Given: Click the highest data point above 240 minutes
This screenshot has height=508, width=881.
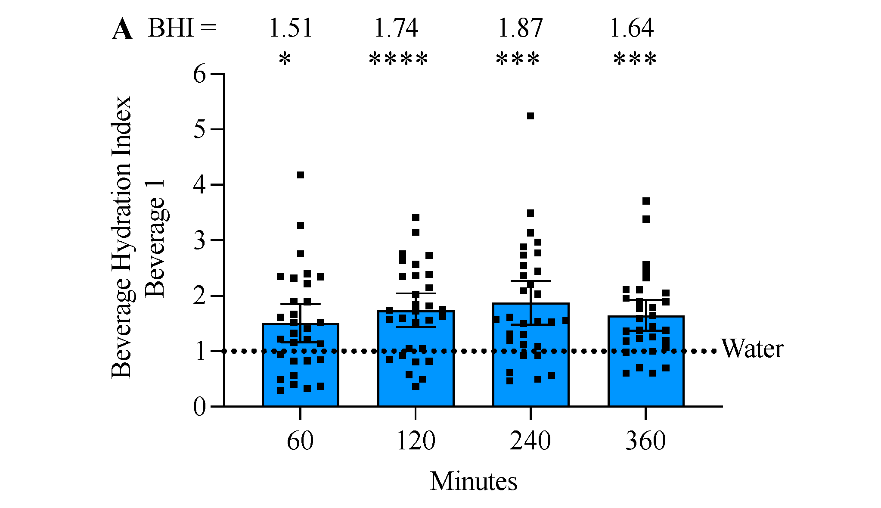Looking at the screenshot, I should click(530, 116).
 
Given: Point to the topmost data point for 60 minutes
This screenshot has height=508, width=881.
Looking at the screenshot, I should click(301, 175).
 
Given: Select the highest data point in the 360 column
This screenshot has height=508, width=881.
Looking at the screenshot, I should click(646, 201).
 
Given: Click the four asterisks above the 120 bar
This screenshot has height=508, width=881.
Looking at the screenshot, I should click(398, 59).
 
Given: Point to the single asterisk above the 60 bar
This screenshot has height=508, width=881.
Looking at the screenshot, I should click(285, 59).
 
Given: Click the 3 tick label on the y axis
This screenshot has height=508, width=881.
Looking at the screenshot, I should click(200, 240).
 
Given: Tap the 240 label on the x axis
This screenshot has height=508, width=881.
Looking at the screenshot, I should click(530, 441).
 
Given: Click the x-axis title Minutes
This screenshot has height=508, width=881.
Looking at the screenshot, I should click(473, 481).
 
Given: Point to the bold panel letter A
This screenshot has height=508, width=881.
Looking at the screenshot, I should click(122, 30).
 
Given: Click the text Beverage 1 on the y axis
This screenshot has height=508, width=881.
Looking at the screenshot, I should click(155, 239).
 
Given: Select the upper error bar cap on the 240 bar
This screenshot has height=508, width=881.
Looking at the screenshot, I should click(530, 281).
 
